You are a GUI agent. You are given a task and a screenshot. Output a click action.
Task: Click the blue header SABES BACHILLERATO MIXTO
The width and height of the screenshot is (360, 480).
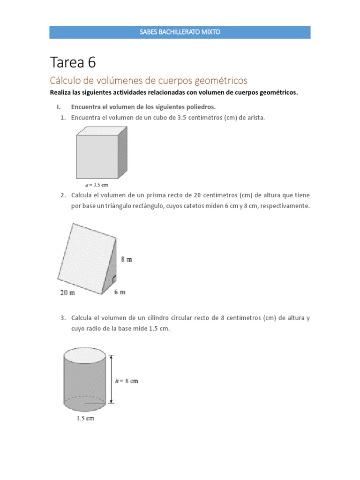click(x=180, y=32)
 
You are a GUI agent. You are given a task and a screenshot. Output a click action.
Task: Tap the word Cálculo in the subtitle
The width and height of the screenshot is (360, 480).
click(x=66, y=80)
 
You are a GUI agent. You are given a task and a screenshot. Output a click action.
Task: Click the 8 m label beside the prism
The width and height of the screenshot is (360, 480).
click(x=127, y=259)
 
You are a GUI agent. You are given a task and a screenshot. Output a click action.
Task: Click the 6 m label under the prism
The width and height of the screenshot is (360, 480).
click(x=120, y=292)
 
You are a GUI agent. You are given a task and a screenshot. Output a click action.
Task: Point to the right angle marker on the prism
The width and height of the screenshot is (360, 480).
click(x=113, y=280)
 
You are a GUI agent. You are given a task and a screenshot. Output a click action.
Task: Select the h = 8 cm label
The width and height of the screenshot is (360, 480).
click(x=127, y=381)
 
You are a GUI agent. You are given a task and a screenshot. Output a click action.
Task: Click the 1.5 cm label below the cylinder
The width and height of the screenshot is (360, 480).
click(x=85, y=418)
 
